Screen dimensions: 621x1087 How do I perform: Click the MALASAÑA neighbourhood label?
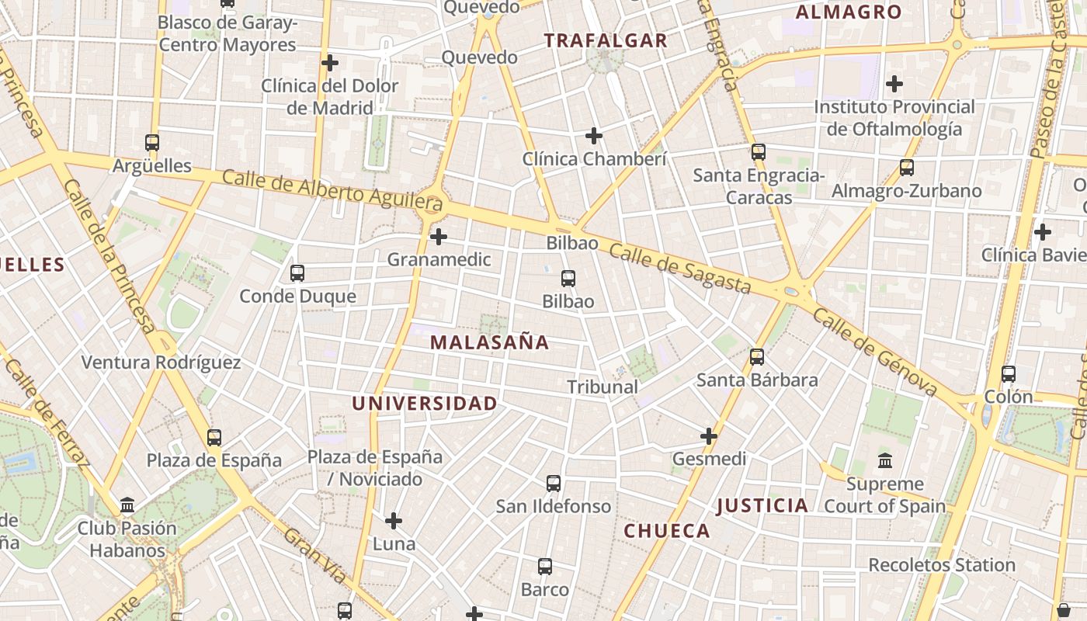489,342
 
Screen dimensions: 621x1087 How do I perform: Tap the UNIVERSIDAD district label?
424,404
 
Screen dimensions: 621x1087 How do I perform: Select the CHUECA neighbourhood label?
667,531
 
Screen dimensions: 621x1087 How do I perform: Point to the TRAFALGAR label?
606,41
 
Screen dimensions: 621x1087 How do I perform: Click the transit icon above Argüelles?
152,143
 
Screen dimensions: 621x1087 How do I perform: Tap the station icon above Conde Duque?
297,273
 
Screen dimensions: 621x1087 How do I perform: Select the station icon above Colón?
1009,374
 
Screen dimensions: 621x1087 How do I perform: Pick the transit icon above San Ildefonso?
554,484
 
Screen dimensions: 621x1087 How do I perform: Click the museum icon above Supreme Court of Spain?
885,462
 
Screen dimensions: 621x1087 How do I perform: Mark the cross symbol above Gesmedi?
709,436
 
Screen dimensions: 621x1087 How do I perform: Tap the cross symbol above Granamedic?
439,237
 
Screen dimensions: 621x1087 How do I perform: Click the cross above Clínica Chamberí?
594,137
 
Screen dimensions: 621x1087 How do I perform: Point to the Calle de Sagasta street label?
679,269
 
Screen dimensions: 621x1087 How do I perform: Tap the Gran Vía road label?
315,556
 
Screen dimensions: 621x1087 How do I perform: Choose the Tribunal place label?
603,387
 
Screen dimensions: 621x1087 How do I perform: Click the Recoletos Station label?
942,565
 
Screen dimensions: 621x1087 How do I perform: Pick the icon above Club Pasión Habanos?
127,506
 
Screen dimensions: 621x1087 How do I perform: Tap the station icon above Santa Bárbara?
757,357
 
